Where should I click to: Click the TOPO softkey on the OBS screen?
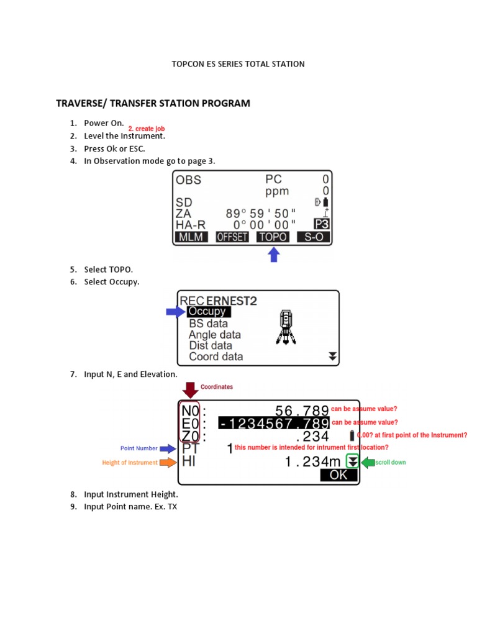[x=273, y=237]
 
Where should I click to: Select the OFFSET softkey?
[x=232, y=237]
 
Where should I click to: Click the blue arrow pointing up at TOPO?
[x=273, y=255]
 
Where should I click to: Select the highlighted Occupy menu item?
[x=207, y=312]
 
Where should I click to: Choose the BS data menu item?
[x=208, y=324]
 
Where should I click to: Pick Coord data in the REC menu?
[x=216, y=357]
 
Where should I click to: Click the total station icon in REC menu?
[x=285, y=326]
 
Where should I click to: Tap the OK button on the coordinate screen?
[x=339, y=475]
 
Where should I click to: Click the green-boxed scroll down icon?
[x=352, y=461]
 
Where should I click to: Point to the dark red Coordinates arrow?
[x=190, y=390]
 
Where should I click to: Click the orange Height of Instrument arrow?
[x=168, y=462]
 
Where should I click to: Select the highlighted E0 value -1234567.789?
[x=274, y=424]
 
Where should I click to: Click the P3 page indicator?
[x=321, y=224]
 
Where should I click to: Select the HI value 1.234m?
[x=313, y=461]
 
